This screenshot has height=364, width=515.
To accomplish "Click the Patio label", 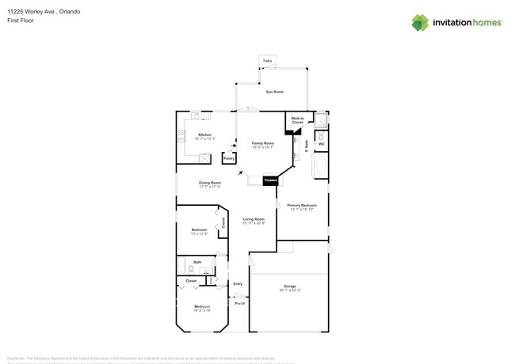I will point(267,60).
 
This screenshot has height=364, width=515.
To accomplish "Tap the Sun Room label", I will point(275,93).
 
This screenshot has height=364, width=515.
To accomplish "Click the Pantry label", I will point(228,158).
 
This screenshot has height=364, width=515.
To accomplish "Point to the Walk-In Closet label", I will point(297,120).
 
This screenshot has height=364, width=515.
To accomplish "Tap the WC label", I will point(321,144).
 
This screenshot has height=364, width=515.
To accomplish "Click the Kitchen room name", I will point(204,135).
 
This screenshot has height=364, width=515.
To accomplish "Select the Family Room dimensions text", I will point(263,147).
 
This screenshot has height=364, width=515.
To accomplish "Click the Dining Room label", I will point(209,183).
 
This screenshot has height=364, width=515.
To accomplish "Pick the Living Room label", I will point(253,219).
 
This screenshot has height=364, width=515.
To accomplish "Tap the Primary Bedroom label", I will point(303,205).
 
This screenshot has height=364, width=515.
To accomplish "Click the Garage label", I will point(290,286).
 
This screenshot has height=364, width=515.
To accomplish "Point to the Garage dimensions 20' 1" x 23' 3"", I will point(290,290).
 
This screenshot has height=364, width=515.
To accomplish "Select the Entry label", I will point(238,283).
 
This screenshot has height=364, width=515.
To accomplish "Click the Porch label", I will point(239,303).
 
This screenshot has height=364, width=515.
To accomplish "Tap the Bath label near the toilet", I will point(197,262).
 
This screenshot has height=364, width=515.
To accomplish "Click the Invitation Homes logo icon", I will point(420,22).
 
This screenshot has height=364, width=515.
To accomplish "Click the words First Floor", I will point(19,21).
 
